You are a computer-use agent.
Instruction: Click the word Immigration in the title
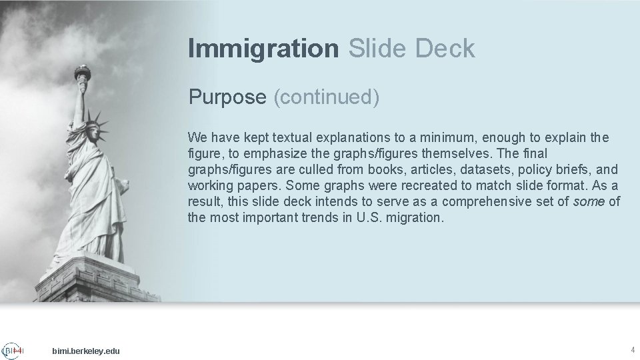pos(263,49)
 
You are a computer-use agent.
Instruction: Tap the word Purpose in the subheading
pos(227,97)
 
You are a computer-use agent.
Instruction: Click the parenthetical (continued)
pos(327,97)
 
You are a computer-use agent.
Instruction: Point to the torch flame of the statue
pos(82,70)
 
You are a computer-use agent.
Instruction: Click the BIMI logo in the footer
pos(13,351)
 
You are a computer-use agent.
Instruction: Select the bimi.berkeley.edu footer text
pos(86,351)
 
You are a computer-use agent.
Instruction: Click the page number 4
pos(632,350)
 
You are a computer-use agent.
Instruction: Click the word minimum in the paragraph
pos(450,138)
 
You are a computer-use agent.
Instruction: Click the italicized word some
pos(589,202)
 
